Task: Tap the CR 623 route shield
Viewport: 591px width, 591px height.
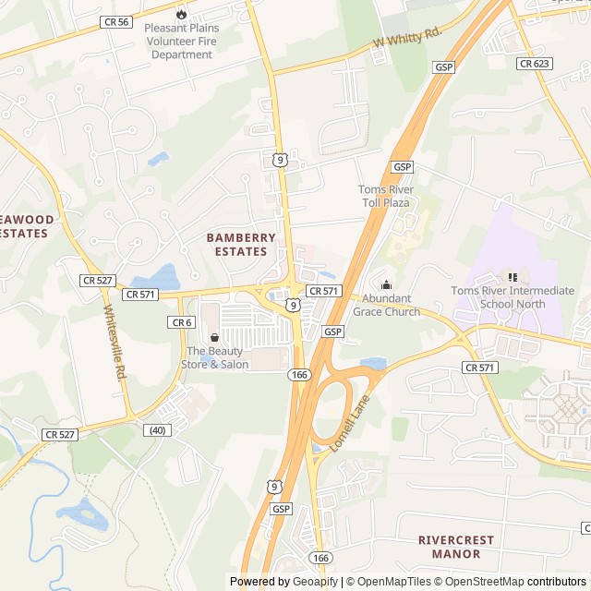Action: point(535,64)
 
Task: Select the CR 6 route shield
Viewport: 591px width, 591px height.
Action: point(181,322)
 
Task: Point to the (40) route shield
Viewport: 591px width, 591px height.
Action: point(158,429)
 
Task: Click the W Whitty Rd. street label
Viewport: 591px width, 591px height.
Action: point(408,40)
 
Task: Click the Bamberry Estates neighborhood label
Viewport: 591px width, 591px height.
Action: point(241,244)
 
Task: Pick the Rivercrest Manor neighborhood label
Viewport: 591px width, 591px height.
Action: point(455,547)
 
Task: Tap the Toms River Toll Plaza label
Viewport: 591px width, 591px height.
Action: point(386,196)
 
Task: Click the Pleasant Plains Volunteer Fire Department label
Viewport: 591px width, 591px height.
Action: point(182,42)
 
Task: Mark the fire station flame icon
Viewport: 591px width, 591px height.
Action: point(181,14)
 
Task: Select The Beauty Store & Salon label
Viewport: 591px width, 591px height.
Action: point(215,357)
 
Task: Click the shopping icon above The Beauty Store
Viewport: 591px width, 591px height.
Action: point(215,338)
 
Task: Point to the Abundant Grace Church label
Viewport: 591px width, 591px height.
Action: point(391,305)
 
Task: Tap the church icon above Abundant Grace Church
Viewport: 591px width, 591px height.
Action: point(386,284)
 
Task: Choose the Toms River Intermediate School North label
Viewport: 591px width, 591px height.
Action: point(513,297)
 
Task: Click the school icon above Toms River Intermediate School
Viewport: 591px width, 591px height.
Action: point(513,276)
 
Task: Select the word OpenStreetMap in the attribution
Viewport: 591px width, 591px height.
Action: point(486,582)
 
